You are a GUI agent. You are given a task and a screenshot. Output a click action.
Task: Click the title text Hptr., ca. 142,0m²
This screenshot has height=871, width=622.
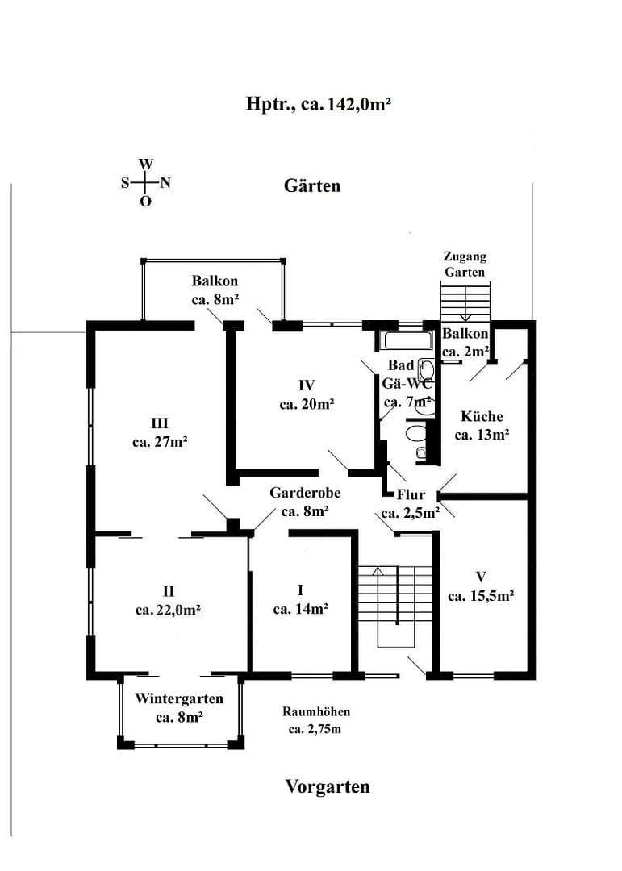(x=319, y=104)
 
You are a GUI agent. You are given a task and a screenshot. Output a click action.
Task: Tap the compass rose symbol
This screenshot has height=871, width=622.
(x=145, y=182)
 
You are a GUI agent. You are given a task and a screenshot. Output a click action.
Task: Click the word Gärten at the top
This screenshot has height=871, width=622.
(x=312, y=185)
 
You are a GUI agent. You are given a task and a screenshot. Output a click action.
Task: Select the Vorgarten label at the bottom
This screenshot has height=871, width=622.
(x=328, y=786)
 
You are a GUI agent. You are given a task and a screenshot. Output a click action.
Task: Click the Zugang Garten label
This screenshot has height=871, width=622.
(x=465, y=264)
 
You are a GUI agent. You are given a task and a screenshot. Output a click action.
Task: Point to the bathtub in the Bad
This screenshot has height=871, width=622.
(x=408, y=340)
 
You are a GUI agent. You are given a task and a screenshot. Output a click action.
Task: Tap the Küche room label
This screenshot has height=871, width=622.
(x=482, y=417)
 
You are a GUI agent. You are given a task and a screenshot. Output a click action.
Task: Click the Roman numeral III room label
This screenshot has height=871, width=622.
(x=159, y=423)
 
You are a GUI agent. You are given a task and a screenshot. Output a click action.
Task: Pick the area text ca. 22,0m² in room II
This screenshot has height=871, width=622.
(x=169, y=611)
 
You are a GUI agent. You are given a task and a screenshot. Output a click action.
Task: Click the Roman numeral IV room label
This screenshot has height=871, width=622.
(x=306, y=385)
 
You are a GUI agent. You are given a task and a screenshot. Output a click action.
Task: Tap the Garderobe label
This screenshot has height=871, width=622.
(x=305, y=492)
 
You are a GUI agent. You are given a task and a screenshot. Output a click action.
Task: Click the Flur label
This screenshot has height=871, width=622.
(x=411, y=494)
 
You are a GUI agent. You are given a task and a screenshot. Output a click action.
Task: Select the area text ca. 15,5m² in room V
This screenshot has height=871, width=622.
(x=481, y=597)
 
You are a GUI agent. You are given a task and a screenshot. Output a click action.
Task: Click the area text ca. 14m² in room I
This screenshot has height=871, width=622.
(x=300, y=610)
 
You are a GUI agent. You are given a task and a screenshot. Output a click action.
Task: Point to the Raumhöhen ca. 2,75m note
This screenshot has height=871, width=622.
(x=316, y=721)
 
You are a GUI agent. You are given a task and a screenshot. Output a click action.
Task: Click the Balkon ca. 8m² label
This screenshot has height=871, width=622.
(x=215, y=290)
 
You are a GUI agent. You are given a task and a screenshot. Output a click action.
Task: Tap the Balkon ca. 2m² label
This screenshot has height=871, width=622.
(x=465, y=342)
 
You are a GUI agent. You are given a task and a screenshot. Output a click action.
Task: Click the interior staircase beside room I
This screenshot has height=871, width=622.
(x=395, y=605)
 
